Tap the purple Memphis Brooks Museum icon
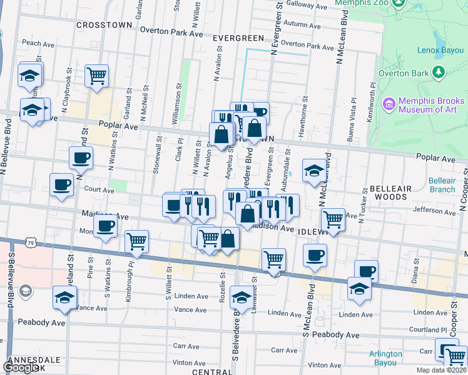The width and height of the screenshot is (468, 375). pyautogui.click(x=389, y=104)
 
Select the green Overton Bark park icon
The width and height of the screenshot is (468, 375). pyautogui.click(x=439, y=73)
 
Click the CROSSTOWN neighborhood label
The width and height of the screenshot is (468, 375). pyautogui.click(x=104, y=25)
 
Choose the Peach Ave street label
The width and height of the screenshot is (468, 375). pyautogui.click(x=38, y=44)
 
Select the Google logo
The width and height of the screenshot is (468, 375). pyautogui.click(x=21, y=367)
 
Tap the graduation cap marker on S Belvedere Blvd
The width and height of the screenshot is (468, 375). pyautogui.click(x=241, y=297)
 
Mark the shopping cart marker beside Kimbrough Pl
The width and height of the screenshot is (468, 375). pyautogui.click(x=136, y=241)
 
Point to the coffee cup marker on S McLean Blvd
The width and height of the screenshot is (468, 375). pyautogui.click(x=315, y=254)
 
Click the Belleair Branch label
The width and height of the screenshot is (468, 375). pyautogui.click(x=442, y=185)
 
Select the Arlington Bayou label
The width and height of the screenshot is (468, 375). pyautogui.click(x=385, y=357)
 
